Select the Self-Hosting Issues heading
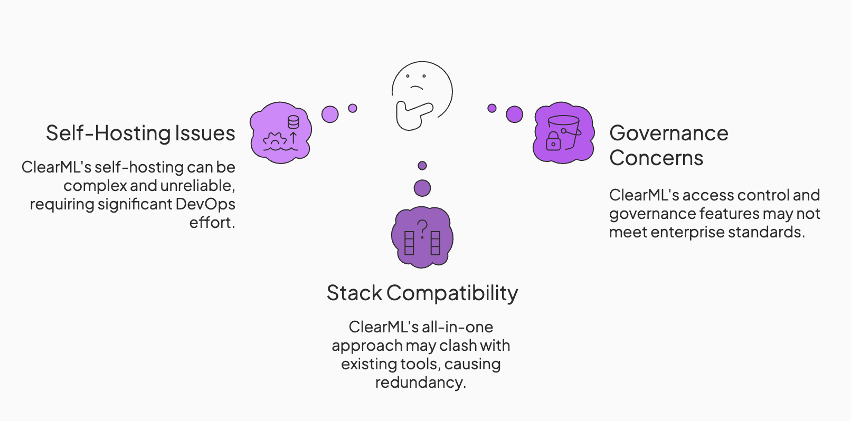[x=140, y=133]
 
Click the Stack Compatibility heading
[x=422, y=293]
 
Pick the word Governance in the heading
[x=669, y=133]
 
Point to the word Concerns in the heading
[x=656, y=158]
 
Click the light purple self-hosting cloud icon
[x=280, y=132]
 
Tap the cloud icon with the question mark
[x=422, y=237]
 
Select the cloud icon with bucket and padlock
[x=564, y=132]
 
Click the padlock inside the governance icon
[x=553, y=141]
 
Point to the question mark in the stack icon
[x=422, y=229]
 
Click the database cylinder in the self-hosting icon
[x=293, y=122]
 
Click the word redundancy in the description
[x=420, y=382]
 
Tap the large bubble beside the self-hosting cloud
[x=330, y=114]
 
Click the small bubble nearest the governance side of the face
[x=492, y=108]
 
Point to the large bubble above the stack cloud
[x=422, y=188]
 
